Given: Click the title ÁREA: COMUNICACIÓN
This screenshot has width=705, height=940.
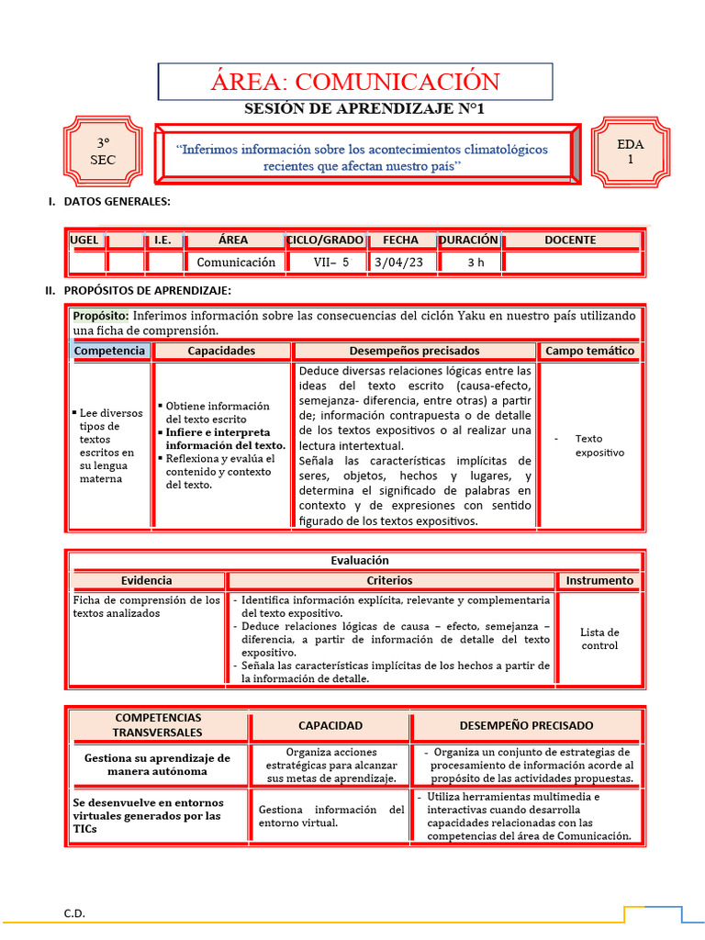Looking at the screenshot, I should pos(355,81).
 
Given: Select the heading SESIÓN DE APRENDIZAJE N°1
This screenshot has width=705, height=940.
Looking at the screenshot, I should pos(364,109).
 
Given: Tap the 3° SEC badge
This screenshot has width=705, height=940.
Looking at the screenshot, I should pos(103,151).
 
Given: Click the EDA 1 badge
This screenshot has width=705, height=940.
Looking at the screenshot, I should pos(630,151).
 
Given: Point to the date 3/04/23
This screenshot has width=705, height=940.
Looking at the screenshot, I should pos(399,262).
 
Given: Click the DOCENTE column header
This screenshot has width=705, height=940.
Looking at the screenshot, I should pos(570,240).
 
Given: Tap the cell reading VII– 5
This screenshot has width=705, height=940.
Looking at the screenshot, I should pos(326,262).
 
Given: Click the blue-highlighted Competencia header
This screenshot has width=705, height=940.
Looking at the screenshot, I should pos(109,351).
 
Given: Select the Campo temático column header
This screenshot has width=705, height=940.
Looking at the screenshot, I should pos(589,351).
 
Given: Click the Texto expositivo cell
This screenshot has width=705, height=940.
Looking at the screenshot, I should pos(599,445).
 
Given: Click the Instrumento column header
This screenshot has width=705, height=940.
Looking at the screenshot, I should pos(599,580).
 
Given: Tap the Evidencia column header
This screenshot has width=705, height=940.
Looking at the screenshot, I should pos(146,580).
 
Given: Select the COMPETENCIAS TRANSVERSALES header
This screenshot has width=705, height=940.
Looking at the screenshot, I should pos(158,725).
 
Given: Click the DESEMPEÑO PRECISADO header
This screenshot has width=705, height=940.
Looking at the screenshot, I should pos(526,725).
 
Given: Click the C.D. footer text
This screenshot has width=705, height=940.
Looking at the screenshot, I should pos(74,913).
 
